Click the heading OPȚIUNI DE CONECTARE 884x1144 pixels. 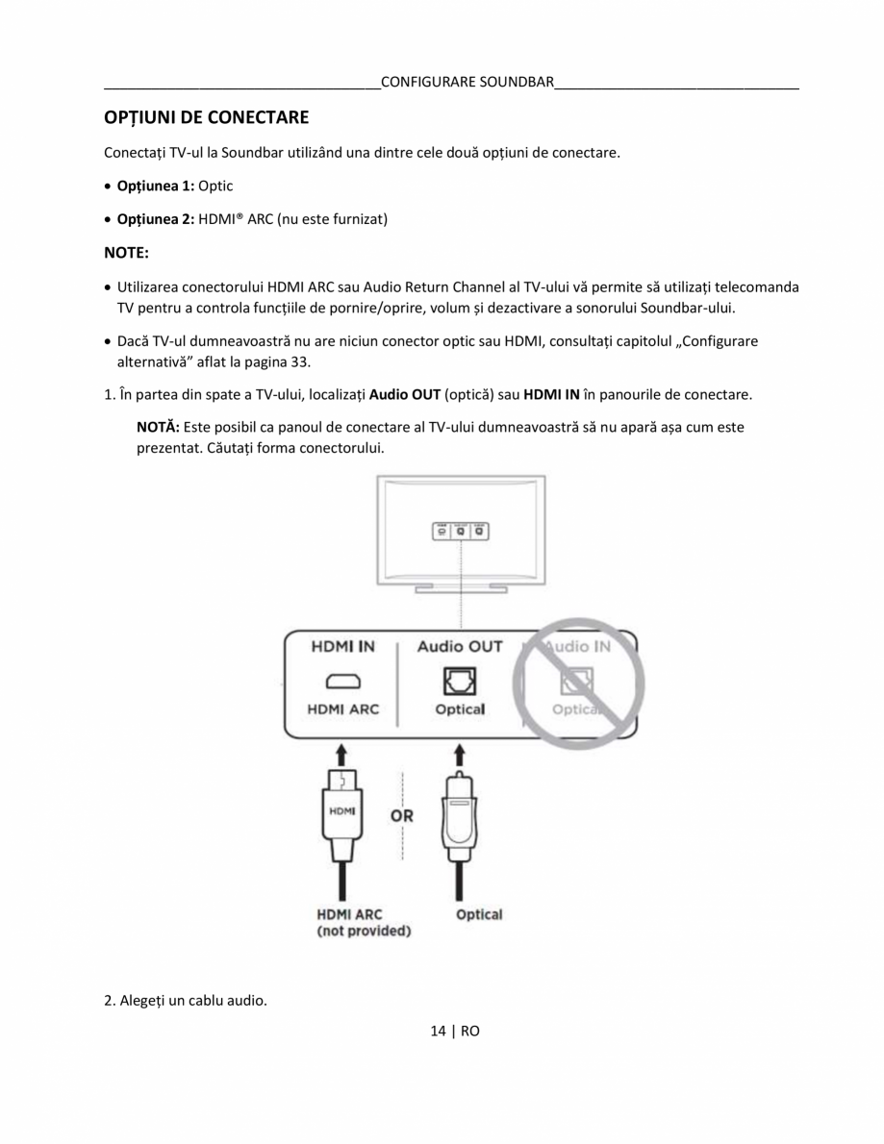point(206,118)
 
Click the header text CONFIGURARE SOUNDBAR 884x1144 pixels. point(467,82)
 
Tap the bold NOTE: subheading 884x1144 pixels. point(126,254)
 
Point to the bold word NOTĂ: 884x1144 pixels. point(159,426)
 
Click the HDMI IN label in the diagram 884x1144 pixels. point(342,647)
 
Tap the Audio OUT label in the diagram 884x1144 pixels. point(459,647)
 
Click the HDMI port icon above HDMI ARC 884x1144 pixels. point(342,683)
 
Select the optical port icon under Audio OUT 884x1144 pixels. point(459,682)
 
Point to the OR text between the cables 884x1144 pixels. point(402,815)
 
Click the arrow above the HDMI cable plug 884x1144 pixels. point(342,754)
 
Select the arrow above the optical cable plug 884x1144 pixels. point(460,754)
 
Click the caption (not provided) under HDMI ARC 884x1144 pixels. point(364,932)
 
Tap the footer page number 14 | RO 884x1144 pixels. point(454,1032)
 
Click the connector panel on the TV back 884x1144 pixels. point(460,530)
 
